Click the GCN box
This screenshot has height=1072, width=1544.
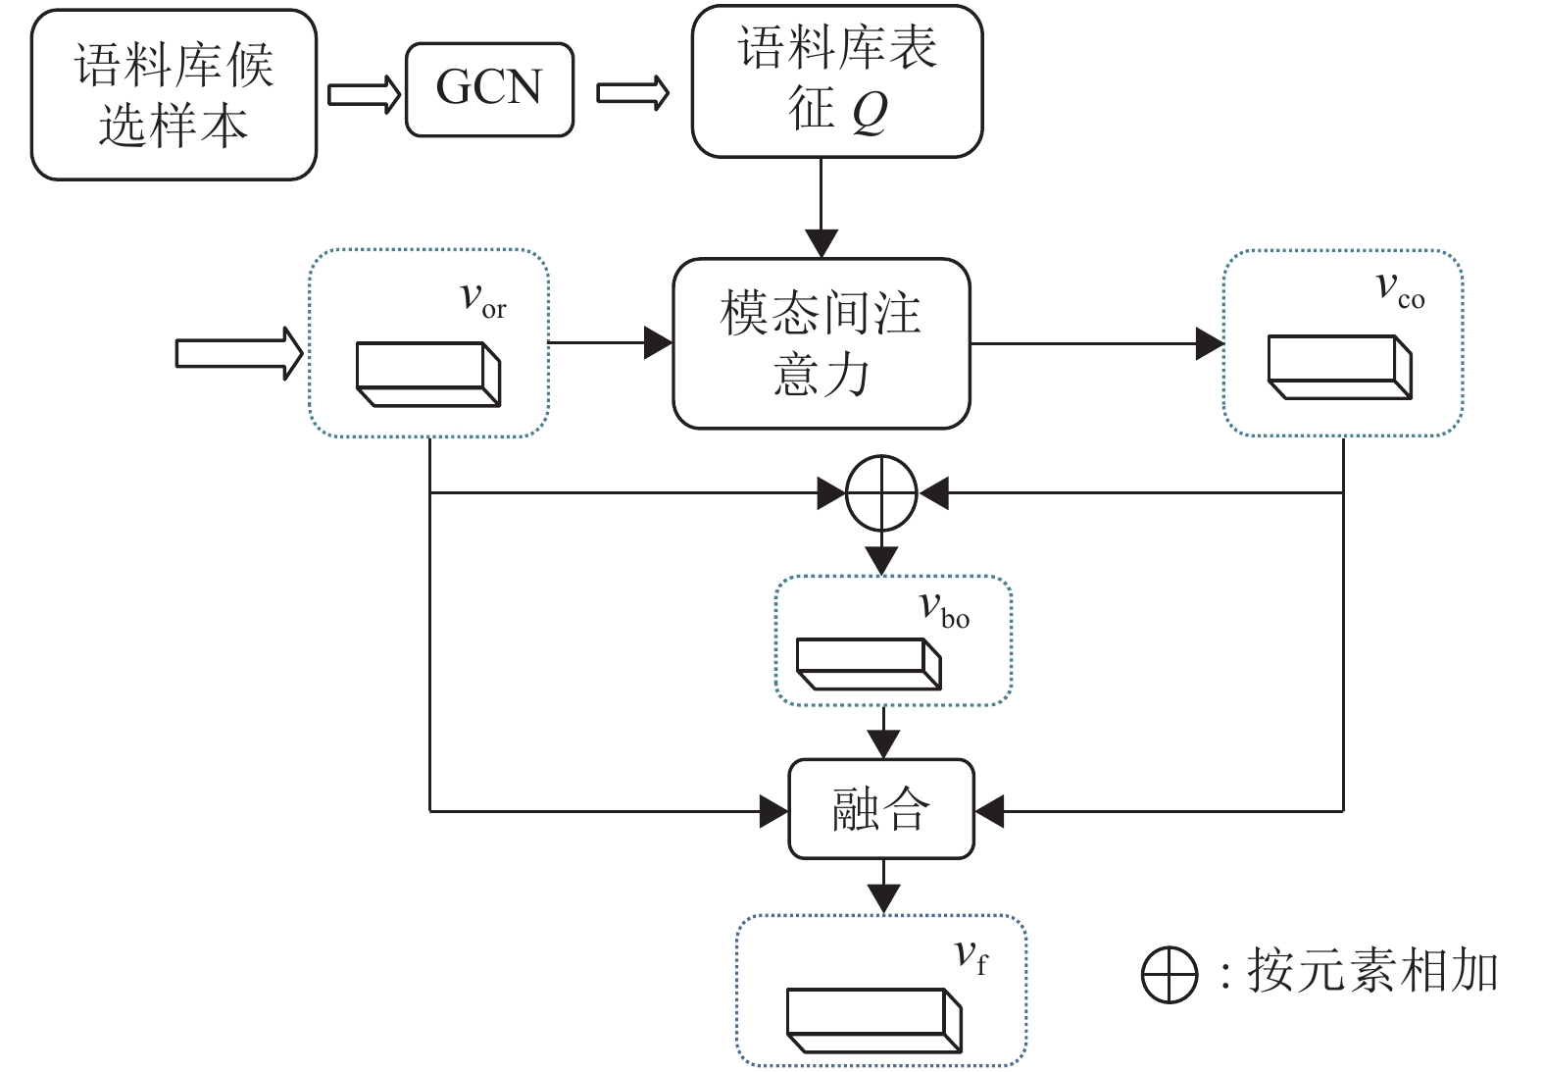489,89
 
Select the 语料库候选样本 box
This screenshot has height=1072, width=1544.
174,95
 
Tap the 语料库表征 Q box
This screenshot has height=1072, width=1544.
837,80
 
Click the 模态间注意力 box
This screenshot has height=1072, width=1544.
821,343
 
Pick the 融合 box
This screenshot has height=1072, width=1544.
881,810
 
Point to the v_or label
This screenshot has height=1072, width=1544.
483,298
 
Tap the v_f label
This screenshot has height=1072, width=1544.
971,956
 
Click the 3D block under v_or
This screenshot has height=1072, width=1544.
428,374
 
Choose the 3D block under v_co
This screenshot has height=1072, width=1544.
1339,367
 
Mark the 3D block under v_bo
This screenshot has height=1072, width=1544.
869,664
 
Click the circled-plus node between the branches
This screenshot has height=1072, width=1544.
881,493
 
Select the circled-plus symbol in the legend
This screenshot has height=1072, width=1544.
1170,975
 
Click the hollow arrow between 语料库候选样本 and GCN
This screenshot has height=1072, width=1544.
364,94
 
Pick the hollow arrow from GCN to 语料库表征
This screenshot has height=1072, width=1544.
633,94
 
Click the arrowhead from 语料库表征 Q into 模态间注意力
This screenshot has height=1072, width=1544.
822,243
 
